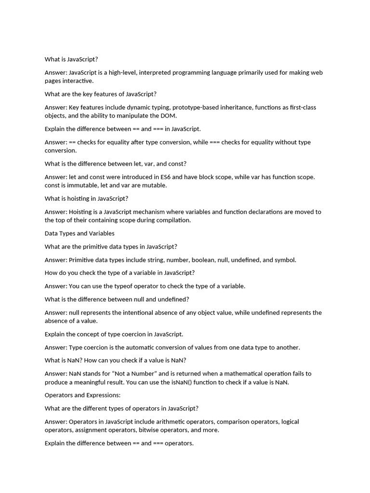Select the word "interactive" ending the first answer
coord(78,81)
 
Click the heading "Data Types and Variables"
coord(79,234)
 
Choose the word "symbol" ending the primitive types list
coord(285,260)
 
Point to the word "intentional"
coord(147,312)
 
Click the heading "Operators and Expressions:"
coord(82,395)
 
